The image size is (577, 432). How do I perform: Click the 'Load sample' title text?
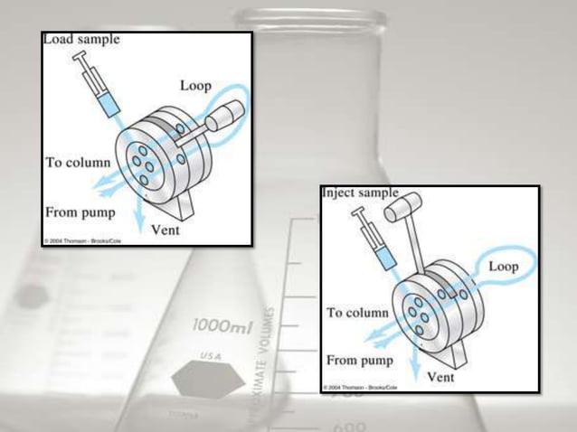(81, 40)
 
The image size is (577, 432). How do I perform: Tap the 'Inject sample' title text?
(360, 193)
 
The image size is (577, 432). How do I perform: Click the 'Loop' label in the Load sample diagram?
(195, 86)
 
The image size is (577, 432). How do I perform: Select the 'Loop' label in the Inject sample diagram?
(503, 268)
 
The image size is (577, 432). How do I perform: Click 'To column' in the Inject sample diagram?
(358, 313)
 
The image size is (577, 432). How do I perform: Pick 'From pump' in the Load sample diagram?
(80, 213)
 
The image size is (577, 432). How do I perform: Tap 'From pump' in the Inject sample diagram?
(361, 360)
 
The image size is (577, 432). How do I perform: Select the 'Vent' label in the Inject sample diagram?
(440, 377)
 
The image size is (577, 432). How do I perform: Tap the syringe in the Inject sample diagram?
(375, 239)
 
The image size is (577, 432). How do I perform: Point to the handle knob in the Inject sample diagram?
(397, 208)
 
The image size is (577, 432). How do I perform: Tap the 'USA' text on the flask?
(211, 356)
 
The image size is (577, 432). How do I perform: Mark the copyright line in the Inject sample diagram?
(362, 387)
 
